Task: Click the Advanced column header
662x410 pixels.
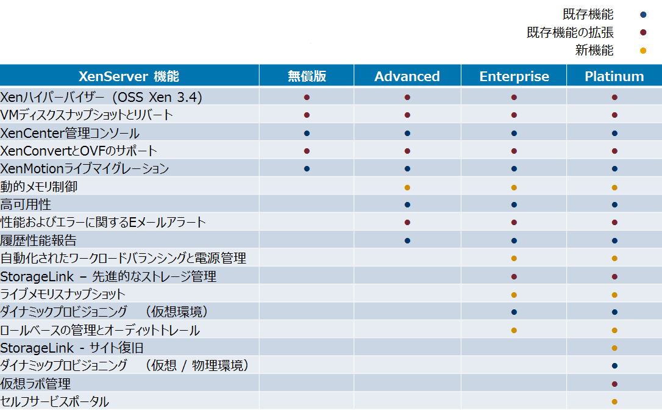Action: point(407,76)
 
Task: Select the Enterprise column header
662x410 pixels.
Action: point(514,76)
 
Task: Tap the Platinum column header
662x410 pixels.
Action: point(614,76)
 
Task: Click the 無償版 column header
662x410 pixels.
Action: point(307,76)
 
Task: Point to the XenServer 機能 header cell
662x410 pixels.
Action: point(129,76)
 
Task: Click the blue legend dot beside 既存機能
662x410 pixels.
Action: point(644,15)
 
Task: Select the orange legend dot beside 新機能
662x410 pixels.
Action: point(644,51)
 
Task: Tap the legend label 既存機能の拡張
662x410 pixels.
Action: point(570,32)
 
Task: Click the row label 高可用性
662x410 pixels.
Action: point(26,204)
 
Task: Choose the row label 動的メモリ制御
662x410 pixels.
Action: point(39,187)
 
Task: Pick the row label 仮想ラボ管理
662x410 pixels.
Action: point(35,384)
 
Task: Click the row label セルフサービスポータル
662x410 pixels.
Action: point(54,401)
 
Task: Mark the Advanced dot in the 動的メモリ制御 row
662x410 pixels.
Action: point(407,188)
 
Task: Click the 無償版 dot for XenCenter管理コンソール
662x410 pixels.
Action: point(307,133)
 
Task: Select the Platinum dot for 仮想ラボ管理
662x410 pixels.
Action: point(614,384)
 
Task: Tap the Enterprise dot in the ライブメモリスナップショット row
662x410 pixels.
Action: point(514,295)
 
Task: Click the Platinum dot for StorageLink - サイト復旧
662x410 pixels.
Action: point(614,348)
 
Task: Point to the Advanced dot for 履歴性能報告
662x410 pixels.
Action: point(407,241)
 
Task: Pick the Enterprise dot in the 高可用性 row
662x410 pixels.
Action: point(514,205)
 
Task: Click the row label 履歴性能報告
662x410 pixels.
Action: point(38,240)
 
